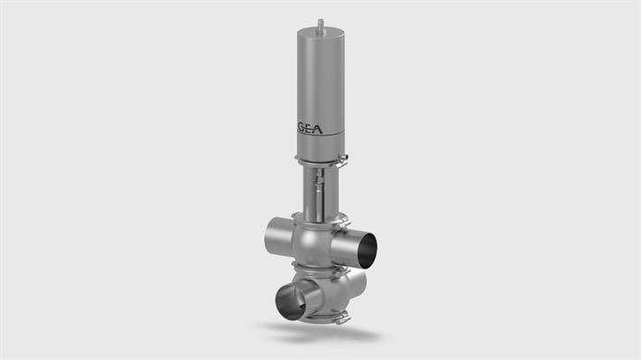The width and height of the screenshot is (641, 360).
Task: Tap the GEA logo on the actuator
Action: [x=319, y=127]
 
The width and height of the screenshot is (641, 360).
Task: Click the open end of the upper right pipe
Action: [x=367, y=250]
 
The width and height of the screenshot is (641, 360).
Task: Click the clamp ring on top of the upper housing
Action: [x=317, y=219]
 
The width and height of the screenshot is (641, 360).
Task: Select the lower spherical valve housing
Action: [x=330, y=293]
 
